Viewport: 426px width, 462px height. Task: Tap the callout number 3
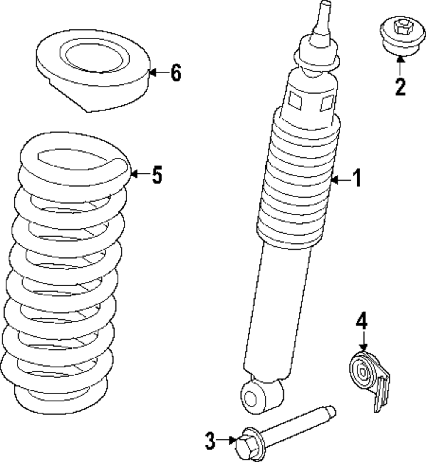click(210, 441)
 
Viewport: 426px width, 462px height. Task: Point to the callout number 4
click(361, 322)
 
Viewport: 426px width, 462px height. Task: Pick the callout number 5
click(157, 175)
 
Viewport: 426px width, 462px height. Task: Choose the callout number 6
click(176, 73)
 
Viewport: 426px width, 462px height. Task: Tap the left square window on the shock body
click(294, 100)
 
